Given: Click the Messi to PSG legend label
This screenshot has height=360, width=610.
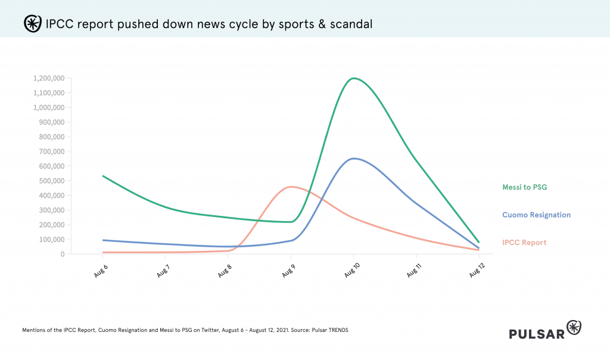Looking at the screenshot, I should (525, 187).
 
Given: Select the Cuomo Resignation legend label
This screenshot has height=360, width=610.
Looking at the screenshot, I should (536, 215).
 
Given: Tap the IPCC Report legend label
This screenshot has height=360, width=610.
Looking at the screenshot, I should (525, 243).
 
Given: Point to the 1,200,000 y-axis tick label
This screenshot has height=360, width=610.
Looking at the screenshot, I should (49, 79).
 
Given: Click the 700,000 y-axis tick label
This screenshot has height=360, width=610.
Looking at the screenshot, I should (52, 151).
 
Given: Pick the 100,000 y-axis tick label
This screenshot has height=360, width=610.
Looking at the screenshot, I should (52, 240).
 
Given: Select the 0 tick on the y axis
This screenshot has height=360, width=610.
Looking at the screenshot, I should (62, 254).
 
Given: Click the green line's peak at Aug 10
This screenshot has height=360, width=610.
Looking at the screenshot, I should (354, 78).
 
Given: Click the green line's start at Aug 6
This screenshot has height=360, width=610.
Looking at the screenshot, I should (103, 176).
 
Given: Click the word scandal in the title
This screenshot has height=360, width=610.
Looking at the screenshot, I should (351, 24).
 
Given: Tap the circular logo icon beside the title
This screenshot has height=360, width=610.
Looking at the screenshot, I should (32, 23).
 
